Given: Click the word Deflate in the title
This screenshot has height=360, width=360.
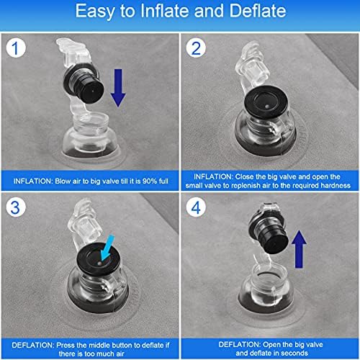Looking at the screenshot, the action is point(257,11).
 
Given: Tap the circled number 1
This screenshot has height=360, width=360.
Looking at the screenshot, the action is point(16,48).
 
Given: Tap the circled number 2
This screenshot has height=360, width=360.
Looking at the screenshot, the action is point(196,48).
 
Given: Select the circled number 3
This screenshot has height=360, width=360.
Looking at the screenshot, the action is point(16,207).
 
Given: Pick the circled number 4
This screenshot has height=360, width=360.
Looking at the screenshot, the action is point(196,207).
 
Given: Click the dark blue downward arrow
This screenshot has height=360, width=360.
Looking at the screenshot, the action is point(118,88).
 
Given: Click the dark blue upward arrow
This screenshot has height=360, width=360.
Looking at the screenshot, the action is point(299,249).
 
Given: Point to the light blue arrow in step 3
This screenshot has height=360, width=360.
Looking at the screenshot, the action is point(107,248).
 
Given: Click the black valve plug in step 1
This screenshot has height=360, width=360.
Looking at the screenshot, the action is point(84,84).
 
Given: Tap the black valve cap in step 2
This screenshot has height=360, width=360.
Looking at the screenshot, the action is point(266,102).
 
